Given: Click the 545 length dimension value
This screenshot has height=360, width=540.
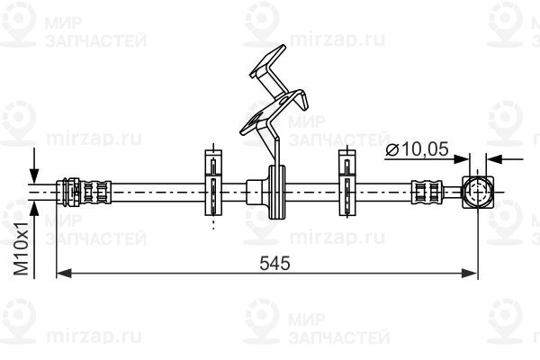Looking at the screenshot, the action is pos(274,263).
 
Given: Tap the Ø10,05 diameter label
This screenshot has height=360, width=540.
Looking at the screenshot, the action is pos(417,149).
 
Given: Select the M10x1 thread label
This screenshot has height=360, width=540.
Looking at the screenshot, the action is pos(21,248).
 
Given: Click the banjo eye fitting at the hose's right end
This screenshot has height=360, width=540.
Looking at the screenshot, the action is pos(478,193).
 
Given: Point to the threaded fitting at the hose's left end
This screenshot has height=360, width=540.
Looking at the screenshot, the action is pos(84,193).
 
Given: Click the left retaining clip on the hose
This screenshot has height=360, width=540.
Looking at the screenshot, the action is pos(213,183).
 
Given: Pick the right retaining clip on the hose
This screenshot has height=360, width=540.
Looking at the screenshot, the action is pos(347,183).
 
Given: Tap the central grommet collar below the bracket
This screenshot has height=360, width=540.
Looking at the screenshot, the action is pos(277,192).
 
